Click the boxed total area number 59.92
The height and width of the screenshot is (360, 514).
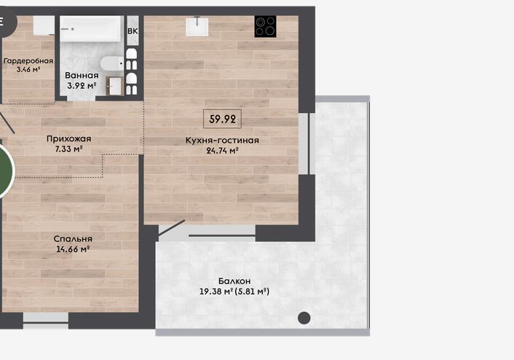[x=222, y=119]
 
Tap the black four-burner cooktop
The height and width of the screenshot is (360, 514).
[x=266, y=26]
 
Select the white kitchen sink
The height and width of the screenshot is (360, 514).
[x=197, y=26]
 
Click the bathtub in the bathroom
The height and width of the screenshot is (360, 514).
[x=92, y=29]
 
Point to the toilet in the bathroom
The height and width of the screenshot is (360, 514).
[x=112, y=63]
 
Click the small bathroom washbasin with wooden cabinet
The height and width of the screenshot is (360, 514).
[x=115, y=86]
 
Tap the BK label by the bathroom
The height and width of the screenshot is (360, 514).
[x=133, y=31]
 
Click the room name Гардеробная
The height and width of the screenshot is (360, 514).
[x=28, y=61]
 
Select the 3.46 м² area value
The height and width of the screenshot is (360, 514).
[x=28, y=69]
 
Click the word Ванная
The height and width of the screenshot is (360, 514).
[x=82, y=76]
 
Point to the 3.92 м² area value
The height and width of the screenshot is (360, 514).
[x=82, y=86]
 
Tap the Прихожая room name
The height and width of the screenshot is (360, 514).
[x=69, y=138]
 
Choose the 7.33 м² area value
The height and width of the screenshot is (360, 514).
[x=68, y=149]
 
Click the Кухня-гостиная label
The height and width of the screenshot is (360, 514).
[x=222, y=141]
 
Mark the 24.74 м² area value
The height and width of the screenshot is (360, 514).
[x=222, y=151]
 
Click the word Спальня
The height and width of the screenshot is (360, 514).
[x=73, y=238]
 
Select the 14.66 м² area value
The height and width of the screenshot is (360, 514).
[x=73, y=249]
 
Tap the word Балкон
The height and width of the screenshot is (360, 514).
[x=234, y=281]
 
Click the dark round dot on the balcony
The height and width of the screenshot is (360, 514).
[x=304, y=318]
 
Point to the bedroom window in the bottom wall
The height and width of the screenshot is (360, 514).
[x=46, y=321]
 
